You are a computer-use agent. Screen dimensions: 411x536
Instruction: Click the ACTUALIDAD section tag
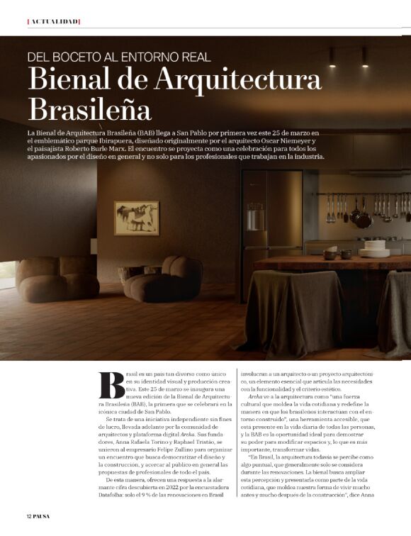point(53,21)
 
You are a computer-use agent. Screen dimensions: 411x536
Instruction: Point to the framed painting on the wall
point(136,218)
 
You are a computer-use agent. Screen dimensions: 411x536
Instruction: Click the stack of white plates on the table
point(373,248)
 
